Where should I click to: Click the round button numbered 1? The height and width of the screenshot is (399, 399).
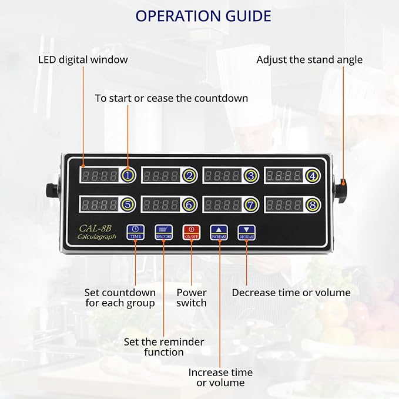(128, 175)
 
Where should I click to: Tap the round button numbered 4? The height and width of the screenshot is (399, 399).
(312, 175)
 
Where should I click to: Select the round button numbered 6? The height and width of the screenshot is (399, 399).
(189, 204)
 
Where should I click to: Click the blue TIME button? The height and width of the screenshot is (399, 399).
(136, 231)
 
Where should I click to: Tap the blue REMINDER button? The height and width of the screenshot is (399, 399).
(163, 231)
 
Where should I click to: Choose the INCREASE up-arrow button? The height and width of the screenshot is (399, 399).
(219, 231)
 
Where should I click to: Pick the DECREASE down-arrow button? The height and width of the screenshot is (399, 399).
(246, 231)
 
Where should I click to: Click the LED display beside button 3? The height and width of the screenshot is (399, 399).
(222, 175)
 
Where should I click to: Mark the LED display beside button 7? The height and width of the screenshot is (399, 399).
(222, 204)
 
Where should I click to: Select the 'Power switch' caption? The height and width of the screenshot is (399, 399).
(192, 298)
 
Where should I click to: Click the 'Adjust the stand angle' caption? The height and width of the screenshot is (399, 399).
(309, 59)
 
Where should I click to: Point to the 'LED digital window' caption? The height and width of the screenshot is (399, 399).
(83, 59)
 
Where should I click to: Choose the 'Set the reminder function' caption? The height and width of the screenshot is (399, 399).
(164, 347)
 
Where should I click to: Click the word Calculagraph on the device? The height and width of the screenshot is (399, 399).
(97, 237)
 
